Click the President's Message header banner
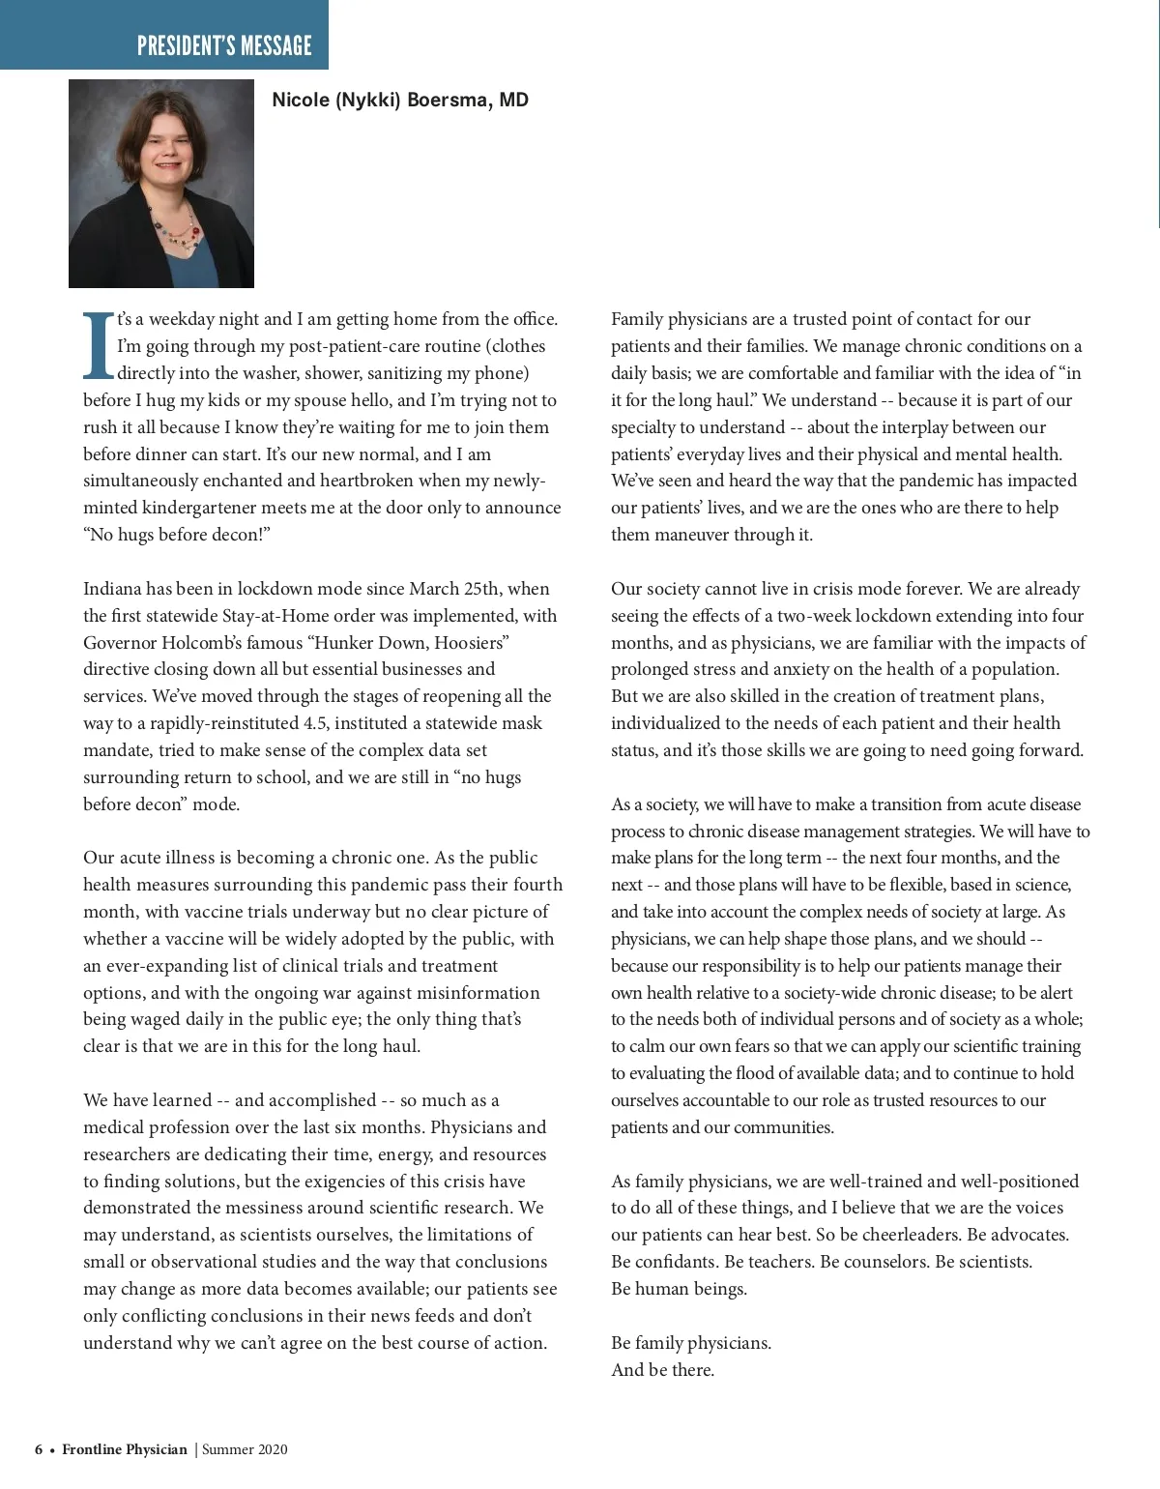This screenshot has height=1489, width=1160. click(x=223, y=45)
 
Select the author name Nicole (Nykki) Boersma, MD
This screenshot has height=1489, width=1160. click(x=400, y=101)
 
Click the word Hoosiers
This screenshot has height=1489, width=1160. click(x=471, y=643)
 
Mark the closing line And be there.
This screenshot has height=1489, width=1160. click(x=662, y=1370)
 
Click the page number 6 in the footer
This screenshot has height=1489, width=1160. click(x=39, y=1449)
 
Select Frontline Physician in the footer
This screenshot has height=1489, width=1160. click(x=125, y=1449)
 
